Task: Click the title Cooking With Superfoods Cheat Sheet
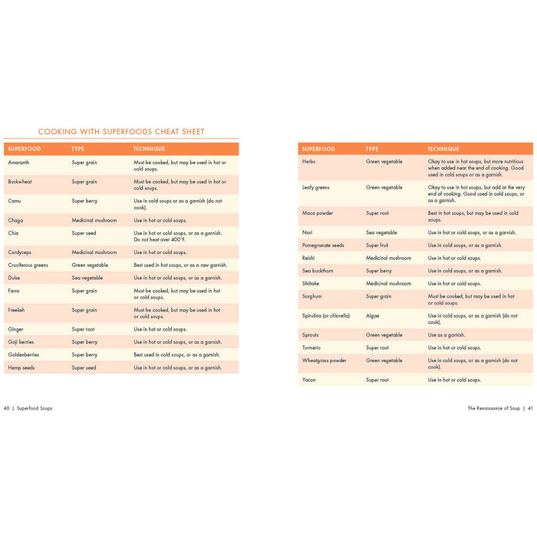tap(121, 132)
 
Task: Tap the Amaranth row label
tap(19, 163)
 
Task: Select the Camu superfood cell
tap(15, 201)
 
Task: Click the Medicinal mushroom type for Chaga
tap(94, 220)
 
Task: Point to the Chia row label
tap(14, 233)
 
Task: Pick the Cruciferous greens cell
tap(28, 265)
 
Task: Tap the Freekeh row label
tap(18, 310)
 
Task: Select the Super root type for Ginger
tap(83, 329)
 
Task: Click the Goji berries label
tap(21, 342)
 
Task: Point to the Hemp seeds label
tap(21, 367)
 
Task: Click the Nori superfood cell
tap(308, 232)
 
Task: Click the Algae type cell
tap(372, 315)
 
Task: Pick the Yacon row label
tap(310, 380)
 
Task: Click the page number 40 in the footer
tap(7, 408)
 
